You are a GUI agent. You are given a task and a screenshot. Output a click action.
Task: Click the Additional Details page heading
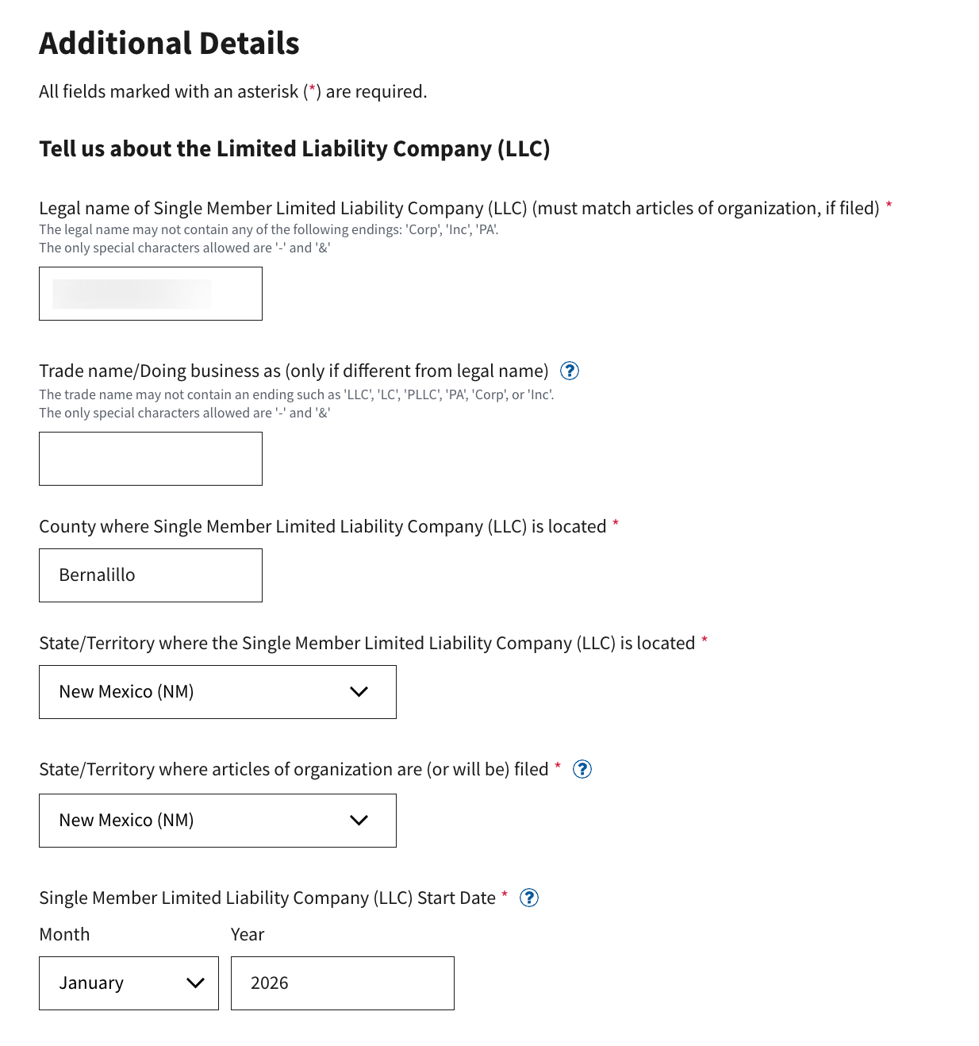pos(169,44)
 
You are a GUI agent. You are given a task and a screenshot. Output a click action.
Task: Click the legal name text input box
pos(151,294)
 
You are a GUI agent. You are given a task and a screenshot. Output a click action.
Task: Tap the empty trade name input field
pos(151,459)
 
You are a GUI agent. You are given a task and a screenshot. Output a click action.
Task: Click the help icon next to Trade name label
pos(570,371)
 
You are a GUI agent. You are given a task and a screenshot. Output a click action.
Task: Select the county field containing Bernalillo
pos(151,575)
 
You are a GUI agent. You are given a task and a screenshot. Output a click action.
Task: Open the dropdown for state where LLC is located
pos(217,692)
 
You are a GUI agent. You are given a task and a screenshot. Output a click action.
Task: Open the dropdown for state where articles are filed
pos(217,821)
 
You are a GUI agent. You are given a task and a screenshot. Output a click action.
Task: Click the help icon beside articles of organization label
pos(582,769)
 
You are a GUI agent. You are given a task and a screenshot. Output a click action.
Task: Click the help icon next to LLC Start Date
pos(529,898)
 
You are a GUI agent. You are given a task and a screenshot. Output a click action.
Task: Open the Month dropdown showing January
pos(129,983)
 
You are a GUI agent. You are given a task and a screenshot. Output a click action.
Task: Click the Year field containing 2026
pos(342,983)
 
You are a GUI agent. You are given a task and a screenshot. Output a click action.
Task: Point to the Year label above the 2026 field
pos(248,935)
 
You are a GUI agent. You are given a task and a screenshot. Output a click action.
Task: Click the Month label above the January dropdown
pos(64,935)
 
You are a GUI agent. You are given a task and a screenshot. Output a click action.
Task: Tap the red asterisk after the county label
pos(616,524)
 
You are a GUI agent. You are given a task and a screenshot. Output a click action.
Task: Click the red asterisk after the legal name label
pos(889,206)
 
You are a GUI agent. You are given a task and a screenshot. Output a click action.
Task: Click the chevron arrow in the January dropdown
pos(195,983)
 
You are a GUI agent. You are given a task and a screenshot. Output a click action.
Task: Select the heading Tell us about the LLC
pos(294,149)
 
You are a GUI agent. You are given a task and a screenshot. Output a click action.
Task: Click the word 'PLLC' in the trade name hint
pos(423,394)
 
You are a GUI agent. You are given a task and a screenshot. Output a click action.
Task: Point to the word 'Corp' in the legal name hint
pos(423,230)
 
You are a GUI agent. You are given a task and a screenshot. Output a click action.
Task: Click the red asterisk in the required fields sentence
pos(313,90)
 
